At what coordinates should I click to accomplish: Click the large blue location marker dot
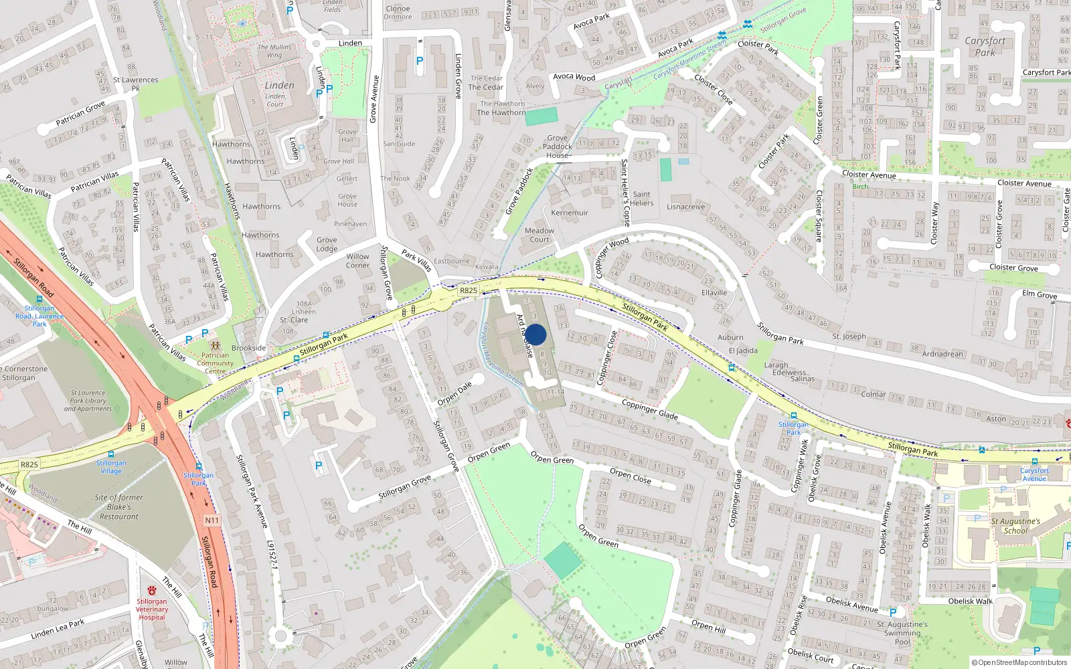point(535,334)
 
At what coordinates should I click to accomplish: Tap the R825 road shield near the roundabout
point(469,290)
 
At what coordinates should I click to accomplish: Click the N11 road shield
point(212,520)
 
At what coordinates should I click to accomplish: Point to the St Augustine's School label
point(1015,526)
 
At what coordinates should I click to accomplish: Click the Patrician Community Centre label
point(215,363)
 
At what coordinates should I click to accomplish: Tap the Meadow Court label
point(540,235)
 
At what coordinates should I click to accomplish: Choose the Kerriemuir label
point(570,213)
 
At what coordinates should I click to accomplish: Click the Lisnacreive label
point(685,207)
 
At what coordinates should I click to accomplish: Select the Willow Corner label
point(357,261)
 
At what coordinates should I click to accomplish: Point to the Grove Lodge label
point(327,244)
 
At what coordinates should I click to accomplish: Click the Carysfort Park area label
point(985,46)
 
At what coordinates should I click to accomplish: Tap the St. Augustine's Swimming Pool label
point(902,633)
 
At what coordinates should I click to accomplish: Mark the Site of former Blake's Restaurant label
point(118,506)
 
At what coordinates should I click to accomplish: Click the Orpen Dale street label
point(455,393)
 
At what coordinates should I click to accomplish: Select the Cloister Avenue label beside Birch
point(868,175)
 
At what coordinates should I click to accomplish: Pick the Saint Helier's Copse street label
point(626,192)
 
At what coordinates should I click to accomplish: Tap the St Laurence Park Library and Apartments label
point(88,401)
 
